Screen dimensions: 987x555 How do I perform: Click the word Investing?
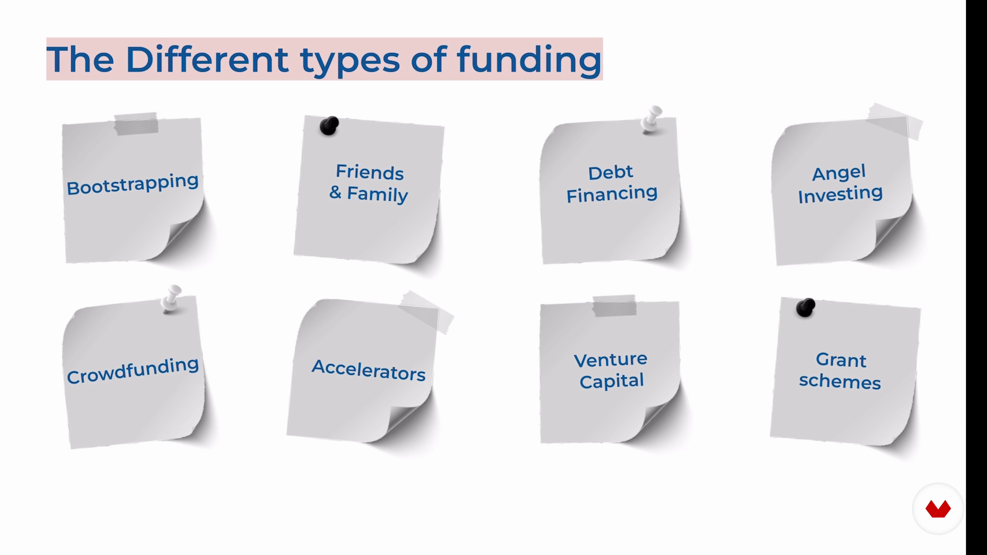[840, 194]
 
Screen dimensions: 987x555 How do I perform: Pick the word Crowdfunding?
[133, 370]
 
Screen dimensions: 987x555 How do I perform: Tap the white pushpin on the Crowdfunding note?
[171, 299]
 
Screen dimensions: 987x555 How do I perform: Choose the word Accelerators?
[369, 370]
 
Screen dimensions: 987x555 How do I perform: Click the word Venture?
[611, 360]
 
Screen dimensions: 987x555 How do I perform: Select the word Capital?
[611, 381]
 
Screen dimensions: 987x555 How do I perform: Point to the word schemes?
[840, 382]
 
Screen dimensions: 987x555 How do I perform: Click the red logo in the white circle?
[938, 509]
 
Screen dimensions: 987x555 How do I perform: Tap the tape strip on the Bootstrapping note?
[136, 123]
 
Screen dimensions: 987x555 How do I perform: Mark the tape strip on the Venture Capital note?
[614, 306]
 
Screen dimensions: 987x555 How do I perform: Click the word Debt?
[611, 173]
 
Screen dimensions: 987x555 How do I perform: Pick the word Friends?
[370, 172]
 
